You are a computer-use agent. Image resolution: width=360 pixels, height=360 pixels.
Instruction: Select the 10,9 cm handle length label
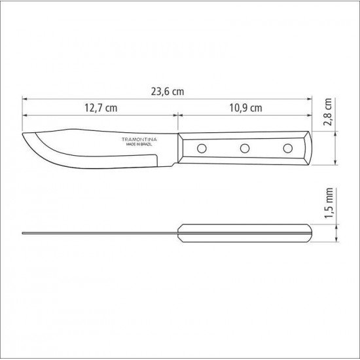tap(246, 108)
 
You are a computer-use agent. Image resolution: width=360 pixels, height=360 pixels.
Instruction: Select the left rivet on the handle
tap(202, 148)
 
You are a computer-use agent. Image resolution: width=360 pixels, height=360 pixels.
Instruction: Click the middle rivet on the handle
tap(244, 148)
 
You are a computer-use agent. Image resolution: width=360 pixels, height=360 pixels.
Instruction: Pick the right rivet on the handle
tap(287, 148)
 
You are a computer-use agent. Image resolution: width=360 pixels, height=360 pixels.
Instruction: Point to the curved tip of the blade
tap(26, 138)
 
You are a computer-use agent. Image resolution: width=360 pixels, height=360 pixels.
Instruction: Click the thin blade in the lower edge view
tap(98, 232)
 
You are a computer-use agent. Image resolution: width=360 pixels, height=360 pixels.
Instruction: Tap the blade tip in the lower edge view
tap(24, 232)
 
